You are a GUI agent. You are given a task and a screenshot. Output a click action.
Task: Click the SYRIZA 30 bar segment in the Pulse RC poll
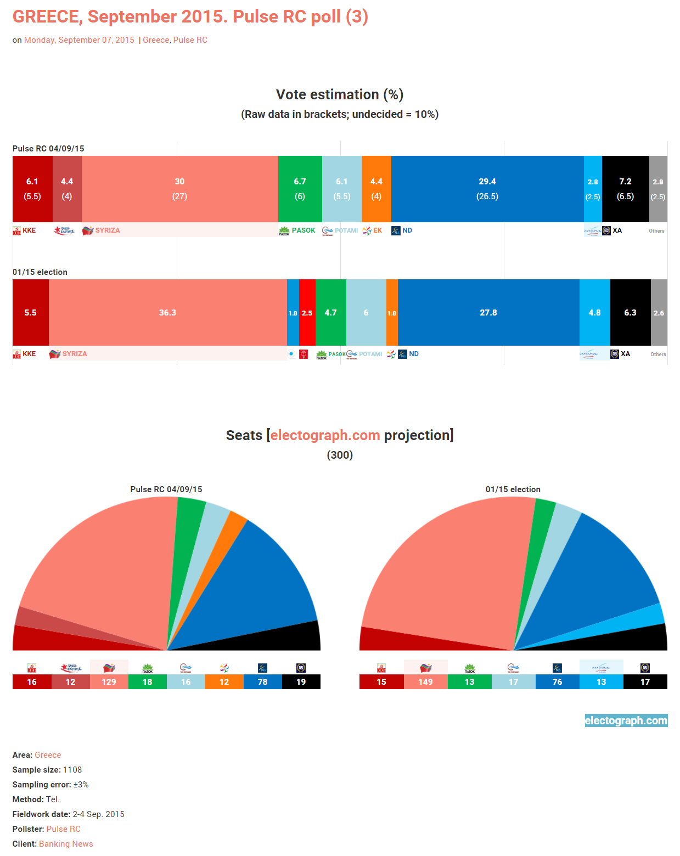(179, 189)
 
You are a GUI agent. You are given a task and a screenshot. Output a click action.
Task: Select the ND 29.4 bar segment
(487, 189)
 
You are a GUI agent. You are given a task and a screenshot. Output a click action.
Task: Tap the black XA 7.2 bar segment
(625, 189)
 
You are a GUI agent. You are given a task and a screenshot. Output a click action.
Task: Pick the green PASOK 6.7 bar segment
(300, 189)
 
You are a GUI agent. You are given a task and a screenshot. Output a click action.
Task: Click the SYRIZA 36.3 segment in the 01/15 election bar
(167, 312)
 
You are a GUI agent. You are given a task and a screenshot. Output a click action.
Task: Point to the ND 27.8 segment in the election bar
(488, 312)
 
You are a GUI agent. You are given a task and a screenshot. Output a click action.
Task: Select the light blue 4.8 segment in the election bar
(594, 312)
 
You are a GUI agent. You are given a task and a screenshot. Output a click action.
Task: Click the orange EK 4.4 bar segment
(376, 189)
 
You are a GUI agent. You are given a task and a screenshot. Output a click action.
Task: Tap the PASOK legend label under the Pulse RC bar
(303, 230)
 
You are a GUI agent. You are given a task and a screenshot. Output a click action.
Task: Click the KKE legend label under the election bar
(29, 354)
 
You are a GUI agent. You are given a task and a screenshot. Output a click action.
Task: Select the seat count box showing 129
(109, 682)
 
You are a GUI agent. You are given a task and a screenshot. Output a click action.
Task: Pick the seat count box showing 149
(425, 682)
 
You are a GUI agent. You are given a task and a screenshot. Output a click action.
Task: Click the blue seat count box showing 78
(262, 682)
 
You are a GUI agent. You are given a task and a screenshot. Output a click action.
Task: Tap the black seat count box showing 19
(301, 682)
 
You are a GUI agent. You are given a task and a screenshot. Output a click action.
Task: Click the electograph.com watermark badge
(626, 720)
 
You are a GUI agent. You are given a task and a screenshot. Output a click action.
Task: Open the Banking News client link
(66, 844)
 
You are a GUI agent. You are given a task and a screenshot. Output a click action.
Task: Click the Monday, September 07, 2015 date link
(79, 40)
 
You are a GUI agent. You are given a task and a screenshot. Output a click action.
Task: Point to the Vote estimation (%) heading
(340, 94)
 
